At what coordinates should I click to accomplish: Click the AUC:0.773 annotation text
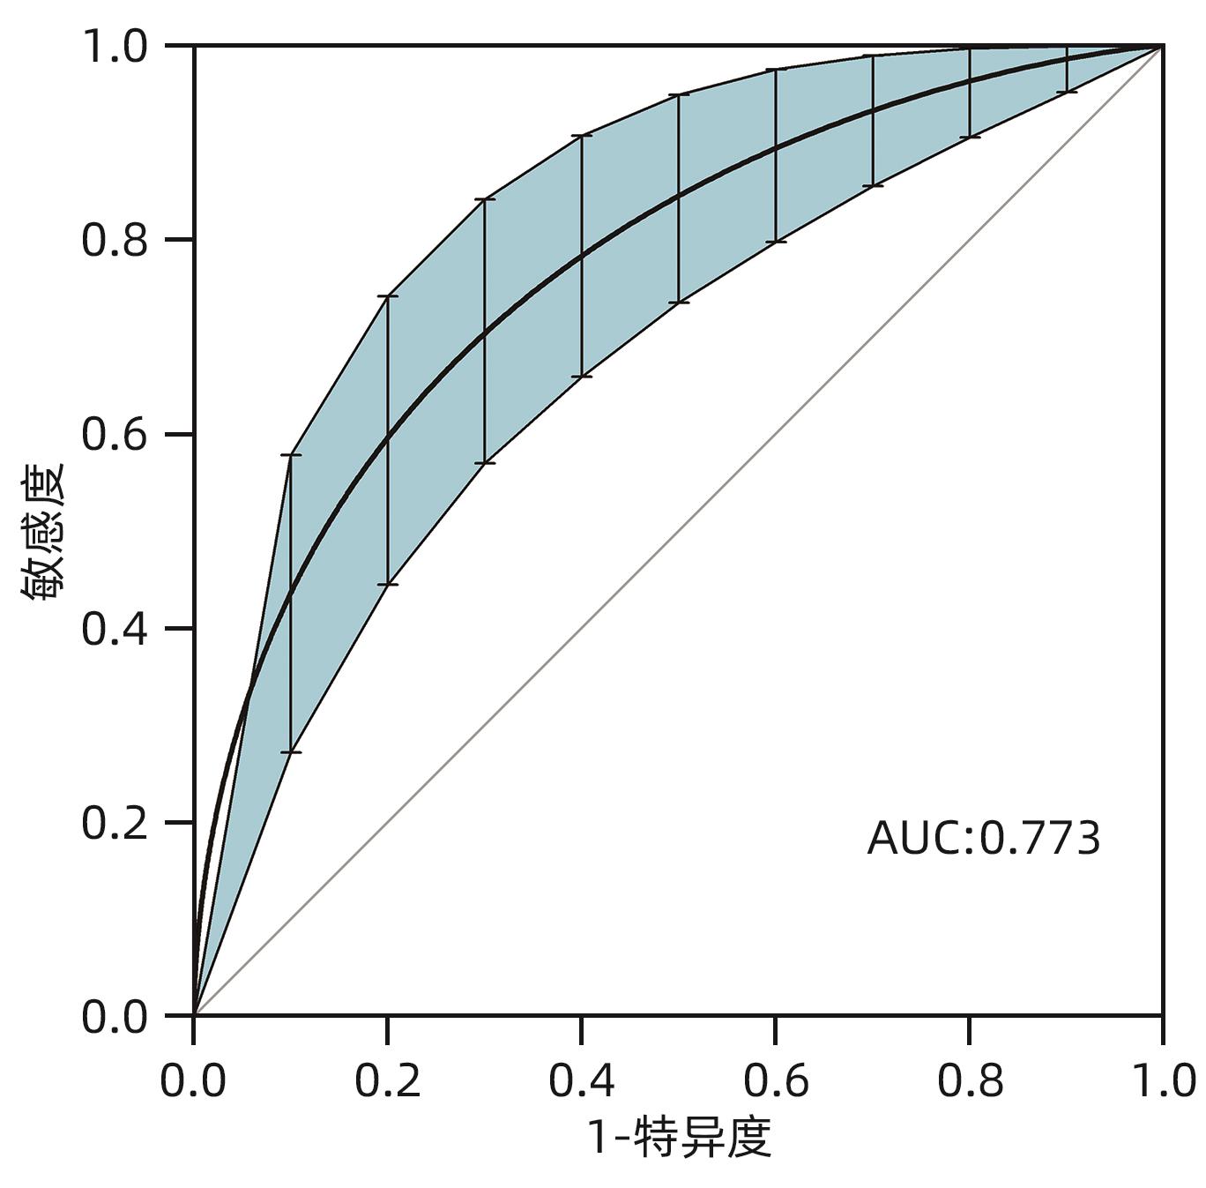(984, 838)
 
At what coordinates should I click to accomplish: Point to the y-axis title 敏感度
(44, 532)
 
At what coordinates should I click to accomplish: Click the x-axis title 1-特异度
(679, 1137)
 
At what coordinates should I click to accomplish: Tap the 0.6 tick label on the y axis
(115, 434)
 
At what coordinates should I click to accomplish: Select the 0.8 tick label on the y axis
(115, 240)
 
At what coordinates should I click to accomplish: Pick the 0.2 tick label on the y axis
(115, 823)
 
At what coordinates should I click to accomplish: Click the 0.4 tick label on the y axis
(115, 629)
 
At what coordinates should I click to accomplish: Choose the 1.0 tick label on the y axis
(115, 46)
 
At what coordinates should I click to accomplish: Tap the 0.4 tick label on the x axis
(582, 1080)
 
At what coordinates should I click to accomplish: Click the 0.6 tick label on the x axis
(776, 1080)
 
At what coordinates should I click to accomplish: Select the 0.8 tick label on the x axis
(970, 1080)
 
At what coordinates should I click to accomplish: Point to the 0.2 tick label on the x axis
(388, 1080)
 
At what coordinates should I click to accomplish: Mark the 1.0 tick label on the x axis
(1162, 1080)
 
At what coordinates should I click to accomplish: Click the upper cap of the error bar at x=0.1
(291, 454)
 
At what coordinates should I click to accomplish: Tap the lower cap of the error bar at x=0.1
(291, 752)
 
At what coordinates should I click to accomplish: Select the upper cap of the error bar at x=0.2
(388, 295)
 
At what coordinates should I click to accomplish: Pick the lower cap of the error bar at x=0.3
(485, 463)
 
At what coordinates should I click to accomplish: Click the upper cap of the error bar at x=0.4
(582, 136)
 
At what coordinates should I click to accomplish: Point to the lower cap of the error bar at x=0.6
(776, 242)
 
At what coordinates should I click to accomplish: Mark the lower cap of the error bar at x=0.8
(970, 138)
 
